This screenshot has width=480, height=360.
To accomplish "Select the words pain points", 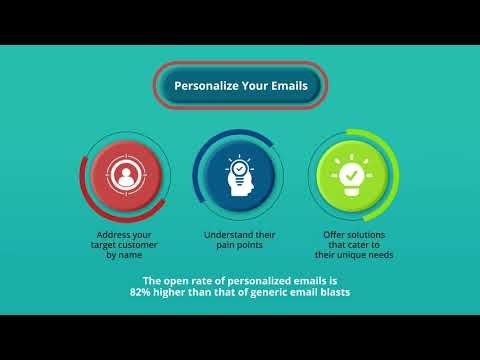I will click(x=239, y=245).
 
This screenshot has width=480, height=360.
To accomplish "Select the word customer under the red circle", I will click(x=146, y=245).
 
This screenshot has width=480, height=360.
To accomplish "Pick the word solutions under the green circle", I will click(x=371, y=234).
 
